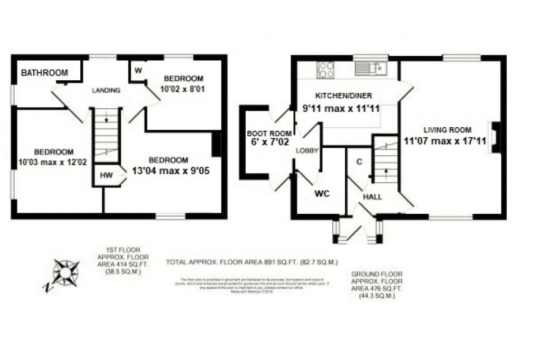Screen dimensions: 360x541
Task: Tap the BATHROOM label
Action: coord(44,73)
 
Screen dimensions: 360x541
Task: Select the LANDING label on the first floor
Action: coord(106,90)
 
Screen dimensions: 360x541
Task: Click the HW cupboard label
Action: coord(106,176)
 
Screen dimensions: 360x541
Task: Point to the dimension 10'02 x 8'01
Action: coord(182,89)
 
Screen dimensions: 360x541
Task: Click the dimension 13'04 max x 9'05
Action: coord(168,170)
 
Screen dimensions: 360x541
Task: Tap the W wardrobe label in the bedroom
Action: coord(138,71)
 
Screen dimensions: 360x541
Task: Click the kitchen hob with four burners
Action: coord(325,70)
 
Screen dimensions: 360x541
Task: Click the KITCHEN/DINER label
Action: coord(343,96)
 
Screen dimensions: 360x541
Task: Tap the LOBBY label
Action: coord(307,150)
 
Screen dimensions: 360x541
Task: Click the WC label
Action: coord(322,194)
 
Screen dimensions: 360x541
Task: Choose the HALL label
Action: coord(372,197)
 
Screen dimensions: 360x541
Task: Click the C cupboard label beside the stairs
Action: coord(359,162)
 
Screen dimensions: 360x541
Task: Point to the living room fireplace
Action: coord(495,137)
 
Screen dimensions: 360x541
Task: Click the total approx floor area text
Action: coord(252,262)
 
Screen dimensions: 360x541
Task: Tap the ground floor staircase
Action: coord(386,161)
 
